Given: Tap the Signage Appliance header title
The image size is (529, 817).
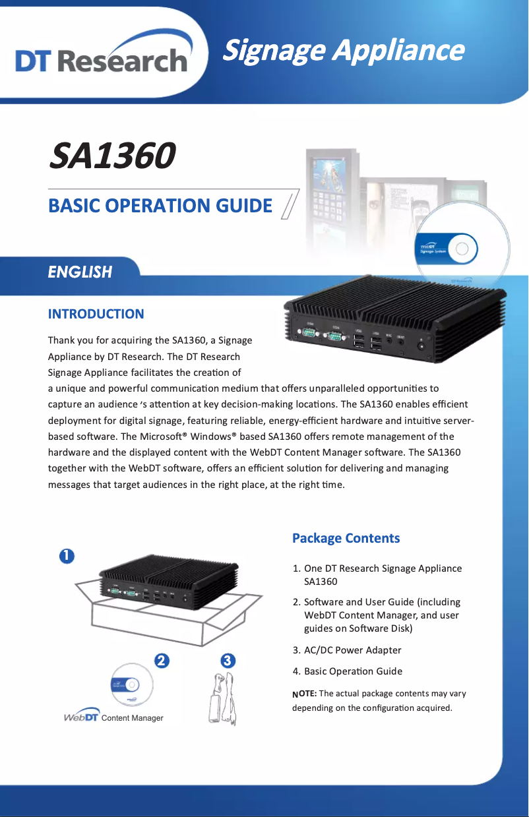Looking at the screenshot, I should tap(343, 50).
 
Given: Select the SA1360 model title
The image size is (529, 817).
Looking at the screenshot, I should tap(112, 156).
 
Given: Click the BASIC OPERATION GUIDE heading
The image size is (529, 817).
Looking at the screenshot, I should tap(160, 206).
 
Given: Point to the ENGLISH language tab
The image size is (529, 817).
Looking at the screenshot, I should tap(80, 272).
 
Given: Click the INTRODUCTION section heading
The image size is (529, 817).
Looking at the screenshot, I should tap(96, 314).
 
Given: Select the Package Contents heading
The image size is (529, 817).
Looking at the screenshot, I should tap(346, 538).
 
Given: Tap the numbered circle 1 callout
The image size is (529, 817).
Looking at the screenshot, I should tap(67, 556).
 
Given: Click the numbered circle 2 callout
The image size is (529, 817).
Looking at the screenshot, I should tap(160, 660).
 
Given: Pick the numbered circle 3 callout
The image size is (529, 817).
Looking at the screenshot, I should tap(226, 660).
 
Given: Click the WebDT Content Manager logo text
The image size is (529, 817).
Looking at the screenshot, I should tap(113, 717).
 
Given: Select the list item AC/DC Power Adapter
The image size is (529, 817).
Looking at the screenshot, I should tap(352, 650).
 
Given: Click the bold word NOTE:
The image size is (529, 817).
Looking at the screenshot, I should tap(305, 694).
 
